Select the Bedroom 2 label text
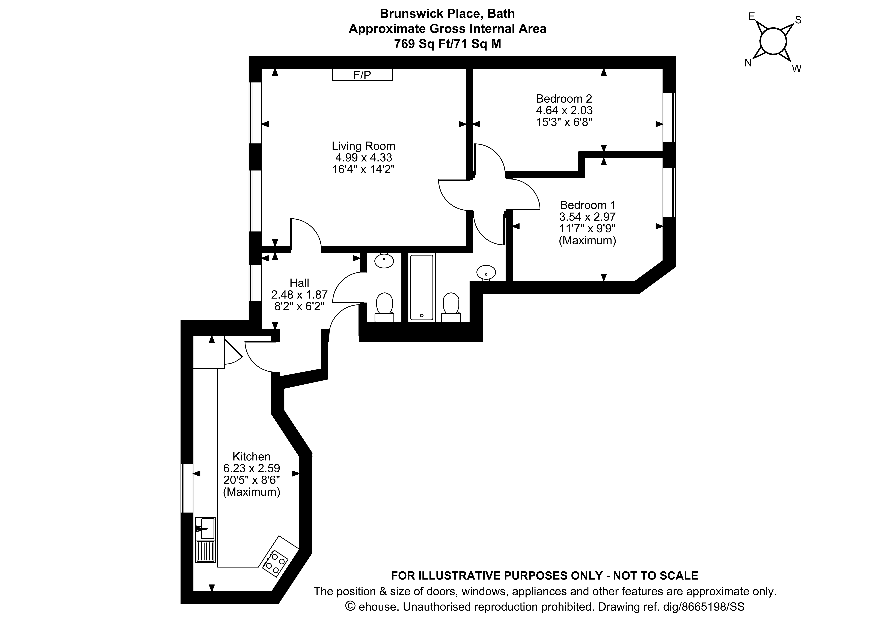point(564,98)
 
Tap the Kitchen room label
point(251,456)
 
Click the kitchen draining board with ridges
point(205,551)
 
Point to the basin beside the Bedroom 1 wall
point(486,272)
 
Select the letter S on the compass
point(798,20)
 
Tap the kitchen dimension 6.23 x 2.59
point(251,468)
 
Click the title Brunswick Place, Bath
point(447,14)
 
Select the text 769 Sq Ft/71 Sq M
point(447,44)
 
